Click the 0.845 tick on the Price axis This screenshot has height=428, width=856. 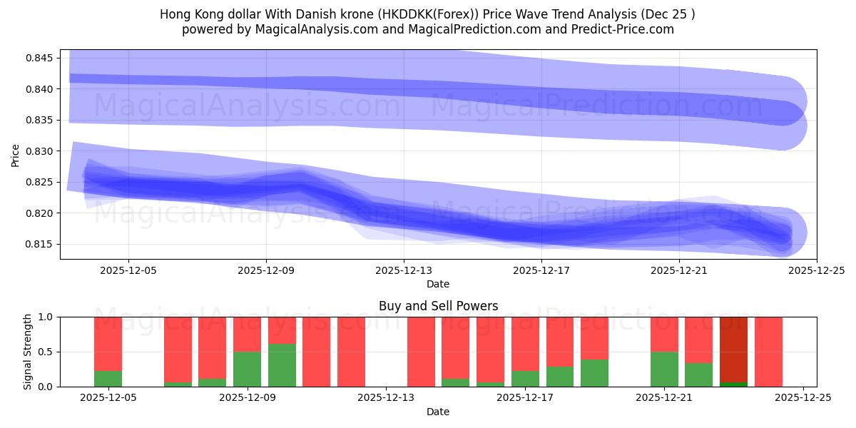41,58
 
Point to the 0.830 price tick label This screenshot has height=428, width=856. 41,151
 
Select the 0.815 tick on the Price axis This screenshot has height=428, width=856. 41,244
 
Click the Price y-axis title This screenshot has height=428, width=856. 16,154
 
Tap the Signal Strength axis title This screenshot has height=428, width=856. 27,352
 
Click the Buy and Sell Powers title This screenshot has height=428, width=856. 438,307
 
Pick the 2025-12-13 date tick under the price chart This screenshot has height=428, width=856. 404,270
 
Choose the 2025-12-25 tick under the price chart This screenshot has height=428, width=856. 816,270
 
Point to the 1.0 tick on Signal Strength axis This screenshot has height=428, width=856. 46,317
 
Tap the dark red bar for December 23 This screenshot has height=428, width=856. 733,349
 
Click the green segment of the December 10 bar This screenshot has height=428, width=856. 282,365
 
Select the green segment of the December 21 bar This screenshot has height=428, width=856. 664,369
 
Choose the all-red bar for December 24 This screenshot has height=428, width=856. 768,352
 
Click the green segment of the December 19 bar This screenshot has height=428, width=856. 594,373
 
